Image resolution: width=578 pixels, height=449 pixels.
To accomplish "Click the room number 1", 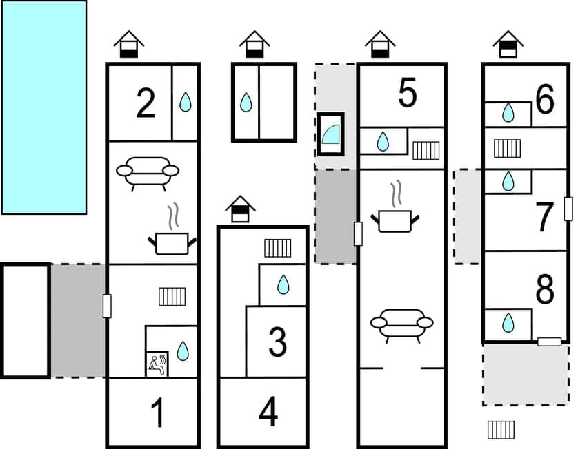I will [x=158, y=413].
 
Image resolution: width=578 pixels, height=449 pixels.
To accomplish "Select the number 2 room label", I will [x=146, y=104].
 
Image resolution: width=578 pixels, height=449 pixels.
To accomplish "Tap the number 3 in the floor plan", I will [x=277, y=342].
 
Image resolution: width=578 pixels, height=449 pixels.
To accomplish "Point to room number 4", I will [x=268, y=413].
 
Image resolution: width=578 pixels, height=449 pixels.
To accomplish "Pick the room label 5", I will [x=408, y=94].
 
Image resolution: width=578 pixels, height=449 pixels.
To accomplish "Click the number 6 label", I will [x=544, y=101].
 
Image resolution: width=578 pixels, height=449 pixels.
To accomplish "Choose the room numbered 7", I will [x=544, y=218].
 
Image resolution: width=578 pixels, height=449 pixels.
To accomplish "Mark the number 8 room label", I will [x=544, y=291].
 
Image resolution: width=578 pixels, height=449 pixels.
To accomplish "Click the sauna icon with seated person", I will [x=157, y=363].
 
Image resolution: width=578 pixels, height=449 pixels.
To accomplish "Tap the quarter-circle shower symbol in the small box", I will [x=331, y=134].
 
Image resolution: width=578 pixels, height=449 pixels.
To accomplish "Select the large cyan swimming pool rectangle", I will [x=44, y=107].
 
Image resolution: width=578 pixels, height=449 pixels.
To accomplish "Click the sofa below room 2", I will [x=148, y=172].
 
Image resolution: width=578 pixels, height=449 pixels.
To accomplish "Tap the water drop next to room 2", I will [x=185, y=103].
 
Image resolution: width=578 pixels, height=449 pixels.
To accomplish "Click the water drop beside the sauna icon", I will [x=182, y=351].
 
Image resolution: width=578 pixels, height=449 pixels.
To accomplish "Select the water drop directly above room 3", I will [x=283, y=284].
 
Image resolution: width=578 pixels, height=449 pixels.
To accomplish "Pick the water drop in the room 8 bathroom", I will [x=508, y=322].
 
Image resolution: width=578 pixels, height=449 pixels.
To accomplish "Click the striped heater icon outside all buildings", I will [x=501, y=430].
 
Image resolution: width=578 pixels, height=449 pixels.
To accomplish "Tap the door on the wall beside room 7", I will [x=568, y=209].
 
